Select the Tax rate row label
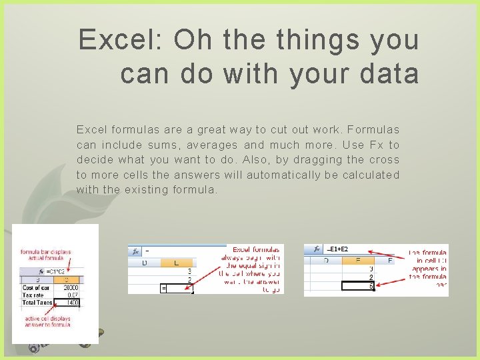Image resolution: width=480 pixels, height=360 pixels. pos(34,295)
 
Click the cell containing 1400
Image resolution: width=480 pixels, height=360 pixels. pos(71,302)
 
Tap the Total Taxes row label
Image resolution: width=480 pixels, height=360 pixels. pos(37,302)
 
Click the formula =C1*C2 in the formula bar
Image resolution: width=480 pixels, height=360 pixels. pos(56,272)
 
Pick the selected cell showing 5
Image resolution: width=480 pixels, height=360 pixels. pos(358,286)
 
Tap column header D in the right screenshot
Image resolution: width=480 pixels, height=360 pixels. pos(326,261)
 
